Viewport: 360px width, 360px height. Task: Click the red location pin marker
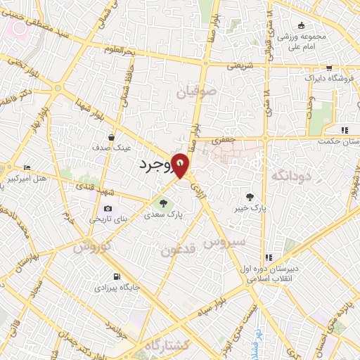[x=181, y=165]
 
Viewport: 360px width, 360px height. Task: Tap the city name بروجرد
[x=151, y=167]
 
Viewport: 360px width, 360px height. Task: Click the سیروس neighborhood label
[x=225, y=242]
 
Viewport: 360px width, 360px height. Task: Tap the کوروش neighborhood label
[x=91, y=247]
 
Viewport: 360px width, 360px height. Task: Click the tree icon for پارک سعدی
[x=163, y=204]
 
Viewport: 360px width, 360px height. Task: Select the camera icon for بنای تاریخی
[x=108, y=208]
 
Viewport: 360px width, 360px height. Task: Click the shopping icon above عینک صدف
[x=112, y=137]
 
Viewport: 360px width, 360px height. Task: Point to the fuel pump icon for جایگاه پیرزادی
[x=117, y=276]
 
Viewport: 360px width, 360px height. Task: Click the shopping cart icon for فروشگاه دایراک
[x=328, y=68]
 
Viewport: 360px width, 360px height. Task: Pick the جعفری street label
[x=224, y=141]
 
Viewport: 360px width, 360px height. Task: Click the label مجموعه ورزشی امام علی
[x=302, y=41]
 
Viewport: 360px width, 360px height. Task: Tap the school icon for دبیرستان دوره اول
[x=267, y=257]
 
